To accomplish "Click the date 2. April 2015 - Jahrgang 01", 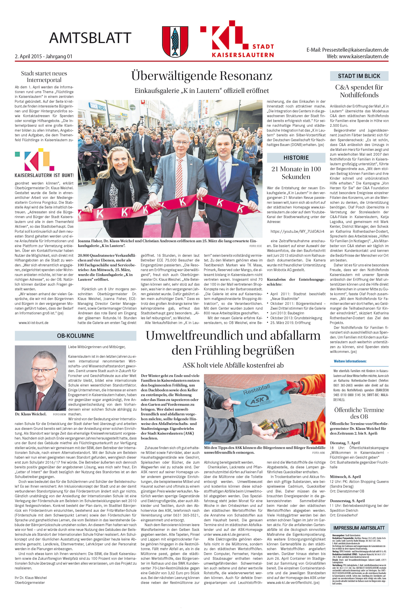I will (44, 56).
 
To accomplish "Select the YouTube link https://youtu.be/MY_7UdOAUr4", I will (297, 231).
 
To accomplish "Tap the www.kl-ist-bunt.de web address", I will (33, 323).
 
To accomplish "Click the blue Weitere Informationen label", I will (350, 361).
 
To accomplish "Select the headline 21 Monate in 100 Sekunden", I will (296, 173).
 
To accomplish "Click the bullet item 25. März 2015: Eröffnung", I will (290, 323).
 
